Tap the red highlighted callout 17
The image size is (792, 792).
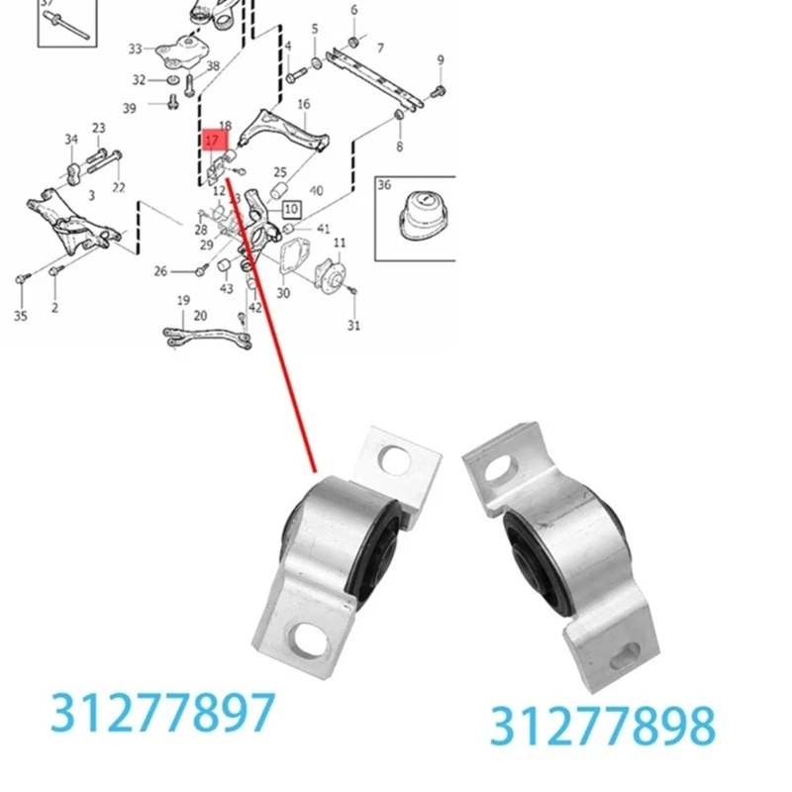coord(212,141)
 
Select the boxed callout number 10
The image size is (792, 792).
coord(291,210)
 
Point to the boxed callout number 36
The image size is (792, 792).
coord(385,185)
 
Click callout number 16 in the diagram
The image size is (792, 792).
coord(303,104)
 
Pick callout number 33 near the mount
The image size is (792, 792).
coord(136,48)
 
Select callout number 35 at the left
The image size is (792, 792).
coord(22,317)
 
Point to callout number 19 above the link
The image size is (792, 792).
coord(183,300)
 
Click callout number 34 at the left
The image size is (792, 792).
coord(71,139)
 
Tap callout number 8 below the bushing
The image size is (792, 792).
coord(400,147)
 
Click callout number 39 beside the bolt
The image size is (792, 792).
coord(130,108)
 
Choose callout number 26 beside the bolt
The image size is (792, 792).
coord(160,271)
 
